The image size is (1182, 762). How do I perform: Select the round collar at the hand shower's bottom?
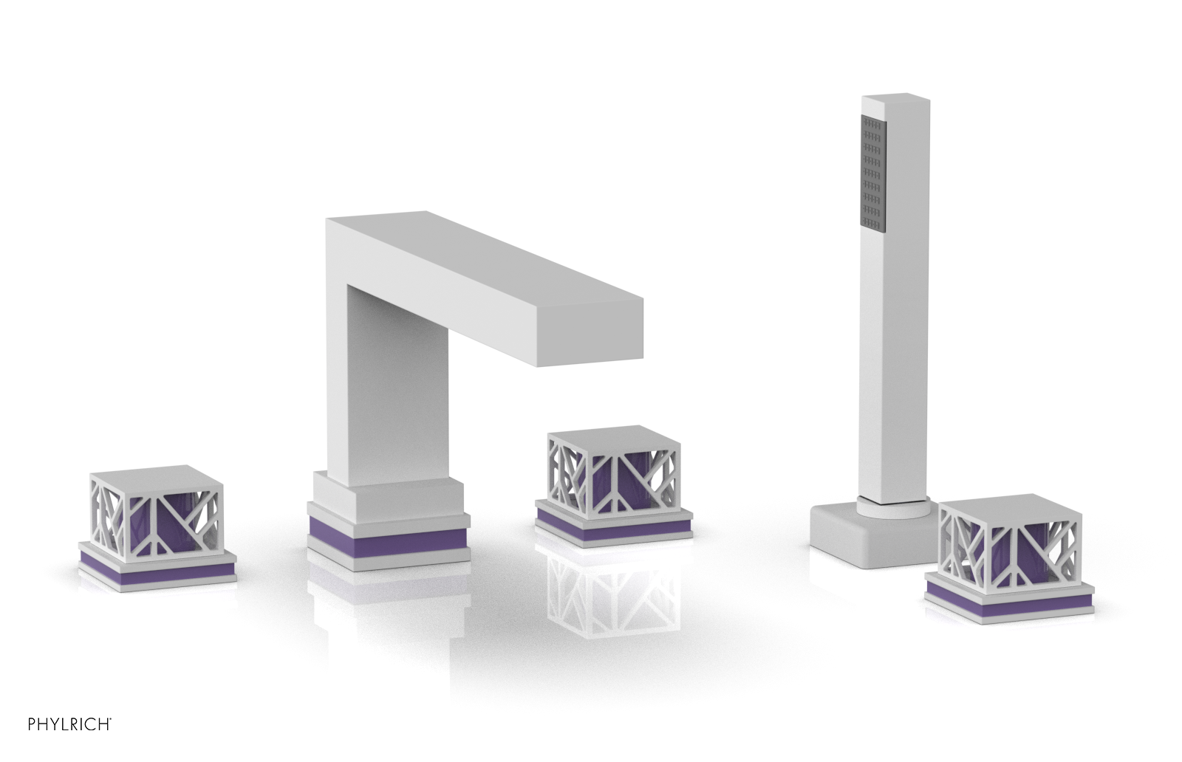tap(895, 507)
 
